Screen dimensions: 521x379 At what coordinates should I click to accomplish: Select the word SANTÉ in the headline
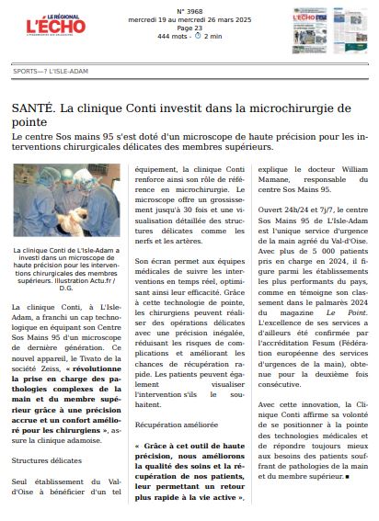pos(32,108)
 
